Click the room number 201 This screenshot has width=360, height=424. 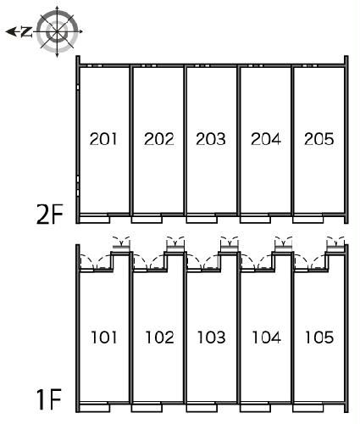tap(103, 139)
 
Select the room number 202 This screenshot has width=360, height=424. tap(159, 139)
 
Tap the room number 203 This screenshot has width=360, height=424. tap(211, 139)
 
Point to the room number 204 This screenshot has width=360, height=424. tap(266, 139)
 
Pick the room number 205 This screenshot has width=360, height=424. tap(319, 139)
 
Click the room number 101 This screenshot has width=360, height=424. tap(104, 338)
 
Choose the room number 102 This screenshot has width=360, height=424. tap(160, 338)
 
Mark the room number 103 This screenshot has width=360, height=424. tap(212, 338)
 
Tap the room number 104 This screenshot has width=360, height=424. tap(267, 338)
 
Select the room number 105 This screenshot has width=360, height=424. tap(319, 338)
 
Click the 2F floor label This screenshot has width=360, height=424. tap(49, 215)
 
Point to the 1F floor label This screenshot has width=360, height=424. tap(49, 399)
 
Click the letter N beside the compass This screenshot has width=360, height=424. tap(26, 31)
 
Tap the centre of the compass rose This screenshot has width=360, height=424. tap(58, 31)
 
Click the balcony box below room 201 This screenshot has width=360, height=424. tap(95, 220)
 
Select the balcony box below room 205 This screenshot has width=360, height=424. tap(307, 220)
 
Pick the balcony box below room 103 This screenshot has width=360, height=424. tap(202, 408)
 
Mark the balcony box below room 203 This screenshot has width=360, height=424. tap(202, 220)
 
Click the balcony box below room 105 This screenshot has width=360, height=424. tap(307, 408)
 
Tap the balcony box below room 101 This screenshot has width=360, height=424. tap(95, 408)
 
